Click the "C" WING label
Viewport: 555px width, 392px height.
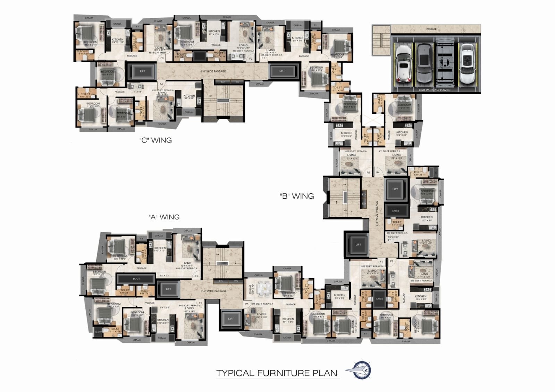(155, 140)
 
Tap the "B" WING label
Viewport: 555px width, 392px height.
(297, 196)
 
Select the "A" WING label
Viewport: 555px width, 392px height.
(164, 217)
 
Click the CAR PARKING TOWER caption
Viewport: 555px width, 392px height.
(434, 90)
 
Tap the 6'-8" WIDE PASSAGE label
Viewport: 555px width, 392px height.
(213, 71)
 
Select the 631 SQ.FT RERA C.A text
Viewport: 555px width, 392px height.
(163, 90)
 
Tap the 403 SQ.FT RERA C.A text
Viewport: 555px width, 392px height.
(355, 151)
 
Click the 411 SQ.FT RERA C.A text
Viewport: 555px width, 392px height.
(389, 151)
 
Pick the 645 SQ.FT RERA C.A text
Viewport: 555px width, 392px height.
(186, 268)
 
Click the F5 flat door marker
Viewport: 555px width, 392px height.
(368, 173)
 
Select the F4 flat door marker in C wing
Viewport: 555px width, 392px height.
(161, 84)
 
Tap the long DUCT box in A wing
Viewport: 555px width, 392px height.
(136, 279)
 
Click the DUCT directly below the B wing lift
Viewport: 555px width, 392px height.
(395, 211)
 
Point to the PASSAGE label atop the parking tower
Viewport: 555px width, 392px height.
(431, 29)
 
